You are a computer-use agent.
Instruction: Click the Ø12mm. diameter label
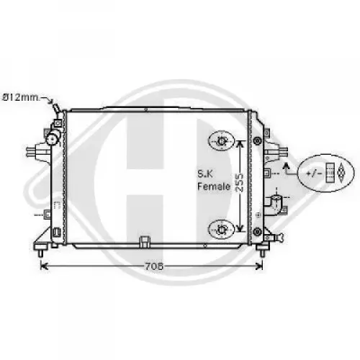point(21,98)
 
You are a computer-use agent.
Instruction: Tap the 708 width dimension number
point(154,266)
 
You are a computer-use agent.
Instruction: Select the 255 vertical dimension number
point(239,182)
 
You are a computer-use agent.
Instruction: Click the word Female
point(214,186)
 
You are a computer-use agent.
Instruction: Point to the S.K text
point(205,174)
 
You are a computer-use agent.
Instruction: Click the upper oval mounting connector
point(221,141)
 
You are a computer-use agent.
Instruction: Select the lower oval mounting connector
point(221,230)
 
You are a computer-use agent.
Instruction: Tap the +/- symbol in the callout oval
point(314,174)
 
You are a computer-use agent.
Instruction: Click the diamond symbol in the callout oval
point(342,173)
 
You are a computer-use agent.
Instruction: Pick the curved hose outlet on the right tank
point(274,204)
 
